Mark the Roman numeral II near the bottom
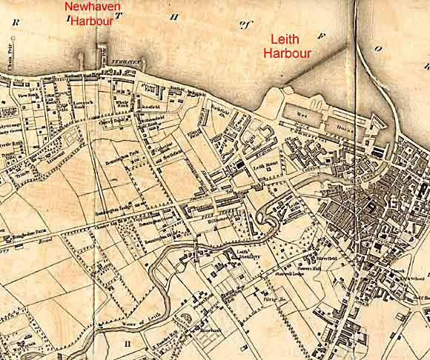[127, 342]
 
